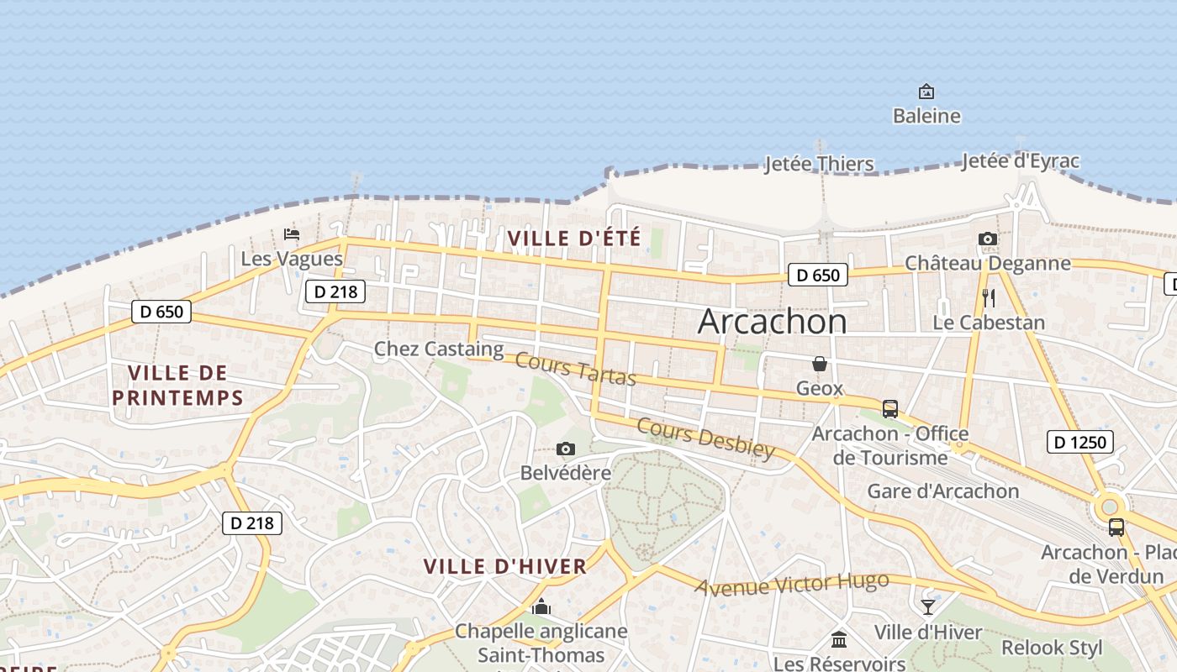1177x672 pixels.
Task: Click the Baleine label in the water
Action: [926, 116]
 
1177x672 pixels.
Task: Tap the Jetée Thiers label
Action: [819, 164]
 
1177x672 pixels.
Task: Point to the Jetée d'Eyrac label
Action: [1021, 160]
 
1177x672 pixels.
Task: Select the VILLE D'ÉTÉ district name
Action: [574, 239]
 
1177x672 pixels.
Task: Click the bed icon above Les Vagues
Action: [292, 234]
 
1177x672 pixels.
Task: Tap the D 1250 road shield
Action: [1080, 442]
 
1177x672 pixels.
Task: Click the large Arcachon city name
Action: [773, 322]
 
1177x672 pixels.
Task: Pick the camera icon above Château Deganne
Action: [988, 239]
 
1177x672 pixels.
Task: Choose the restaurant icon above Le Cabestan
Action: [989, 297]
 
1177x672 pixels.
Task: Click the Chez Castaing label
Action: [439, 349]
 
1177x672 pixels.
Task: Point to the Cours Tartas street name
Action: [575, 370]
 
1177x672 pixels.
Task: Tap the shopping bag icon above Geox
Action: [820, 364]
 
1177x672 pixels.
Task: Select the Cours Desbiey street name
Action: [706, 438]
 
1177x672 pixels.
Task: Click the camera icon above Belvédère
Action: [566, 449]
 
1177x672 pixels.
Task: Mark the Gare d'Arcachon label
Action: [942, 491]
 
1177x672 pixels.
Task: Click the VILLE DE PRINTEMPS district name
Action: [177, 385]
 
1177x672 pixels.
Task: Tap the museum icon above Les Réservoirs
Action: [839, 640]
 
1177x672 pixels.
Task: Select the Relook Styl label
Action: [1052, 648]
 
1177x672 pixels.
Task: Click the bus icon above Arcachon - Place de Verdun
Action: [1116, 528]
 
